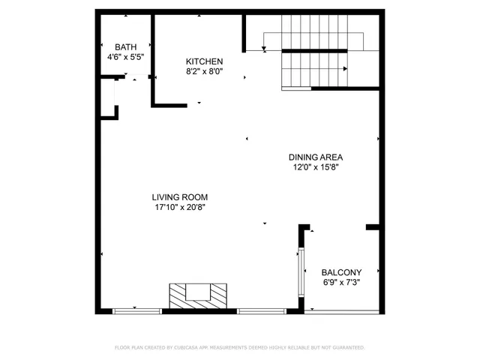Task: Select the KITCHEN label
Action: pos(205,61)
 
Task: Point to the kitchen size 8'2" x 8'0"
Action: pos(205,72)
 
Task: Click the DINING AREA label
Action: pos(316,157)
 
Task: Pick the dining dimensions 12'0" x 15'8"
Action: pos(316,168)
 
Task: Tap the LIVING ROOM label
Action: pos(180,197)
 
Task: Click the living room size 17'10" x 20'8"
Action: pos(180,208)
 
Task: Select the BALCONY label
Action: pos(341,272)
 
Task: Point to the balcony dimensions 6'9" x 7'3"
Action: pos(341,283)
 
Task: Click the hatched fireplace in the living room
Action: pos(197,295)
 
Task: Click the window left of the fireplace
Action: pos(136,310)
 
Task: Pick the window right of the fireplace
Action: pos(262,310)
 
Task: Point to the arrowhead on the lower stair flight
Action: pos(345,69)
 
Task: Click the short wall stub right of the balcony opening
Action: pos(372,226)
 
